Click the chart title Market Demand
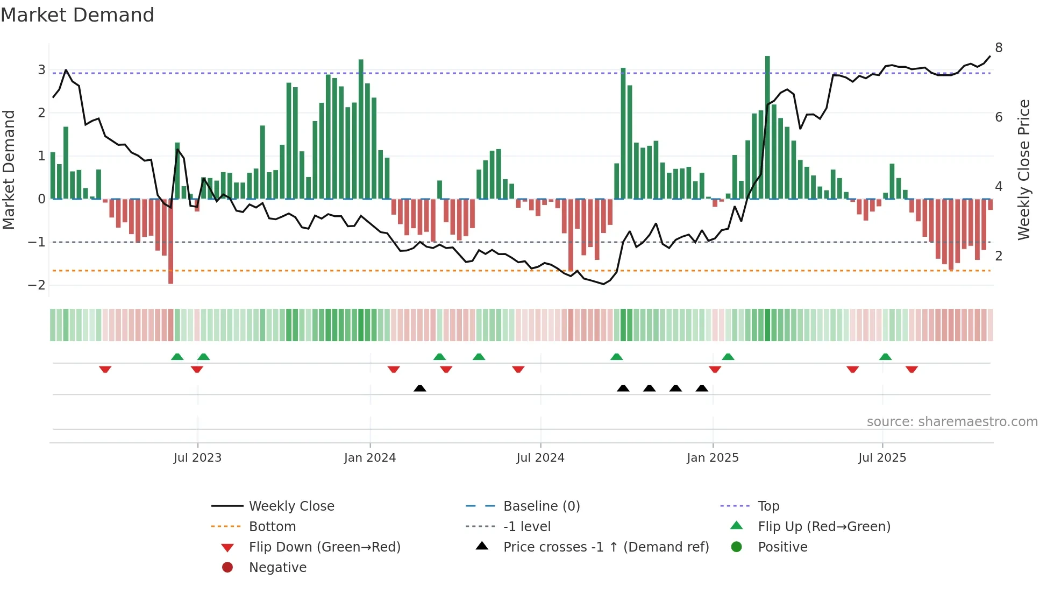point(77,15)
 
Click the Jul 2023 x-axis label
point(197,458)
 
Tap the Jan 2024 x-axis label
point(370,458)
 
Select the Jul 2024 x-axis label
point(540,458)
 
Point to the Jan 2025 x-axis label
point(713,458)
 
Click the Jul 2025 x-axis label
point(882,458)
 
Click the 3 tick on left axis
point(41,69)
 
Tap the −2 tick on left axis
point(37,285)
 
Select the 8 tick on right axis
point(999,48)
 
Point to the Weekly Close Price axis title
point(1024,170)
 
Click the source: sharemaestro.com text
point(952,422)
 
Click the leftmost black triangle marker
point(420,388)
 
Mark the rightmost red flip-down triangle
point(911,369)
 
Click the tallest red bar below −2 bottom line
point(170,242)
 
